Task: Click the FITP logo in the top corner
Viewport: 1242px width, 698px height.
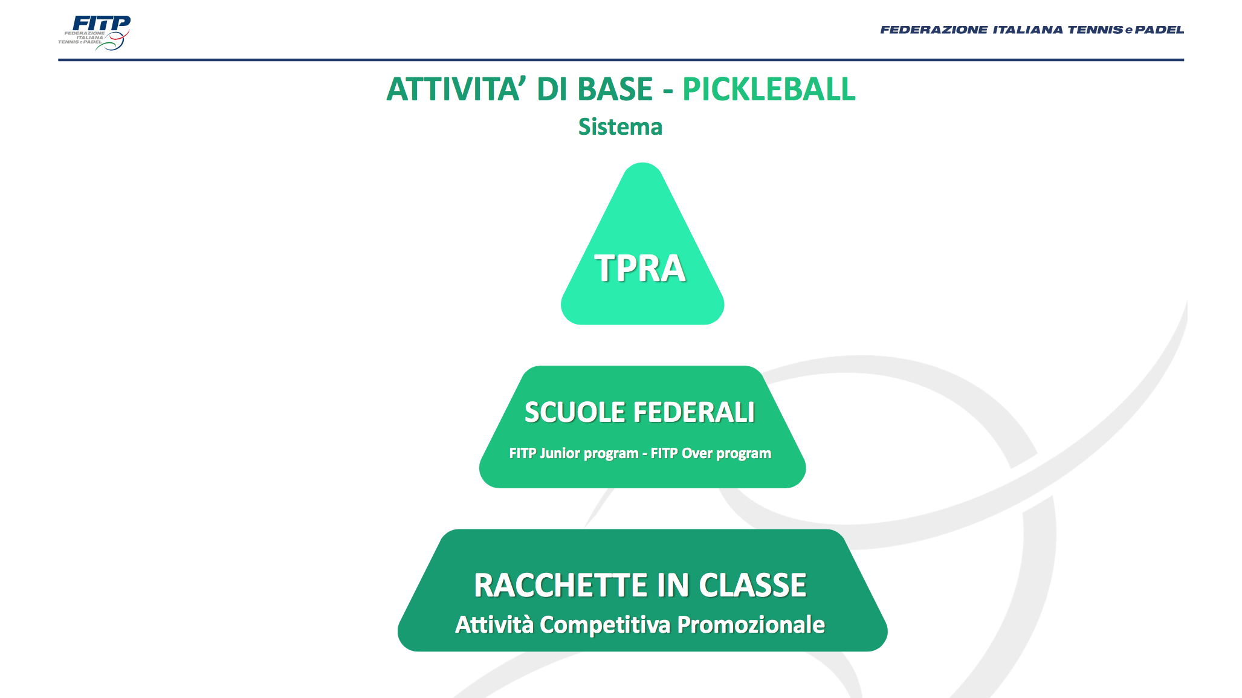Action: tap(94, 33)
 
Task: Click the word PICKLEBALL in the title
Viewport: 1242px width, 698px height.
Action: tap(769, 89)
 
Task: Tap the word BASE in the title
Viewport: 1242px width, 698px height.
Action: tap(615, 89)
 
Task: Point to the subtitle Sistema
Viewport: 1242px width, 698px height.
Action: tap(620, 127)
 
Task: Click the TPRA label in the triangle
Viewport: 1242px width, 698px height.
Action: tap(640, 268)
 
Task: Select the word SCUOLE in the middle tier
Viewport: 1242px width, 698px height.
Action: tap(575, 413)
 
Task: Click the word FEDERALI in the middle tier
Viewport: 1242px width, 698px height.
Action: tap(694, 413)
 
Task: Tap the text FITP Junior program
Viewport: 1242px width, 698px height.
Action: tap(574, 453)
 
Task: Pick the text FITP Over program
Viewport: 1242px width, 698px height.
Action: tap(711, 453)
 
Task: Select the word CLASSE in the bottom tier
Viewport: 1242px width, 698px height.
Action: tap(752, 586)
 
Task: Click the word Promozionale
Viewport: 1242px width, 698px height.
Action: tap(751, 625)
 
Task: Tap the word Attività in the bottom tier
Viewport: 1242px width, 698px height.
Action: tap(494, 625)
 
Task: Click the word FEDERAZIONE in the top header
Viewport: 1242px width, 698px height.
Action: tap(934, 30)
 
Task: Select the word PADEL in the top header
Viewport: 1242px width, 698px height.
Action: tap(1159, 30)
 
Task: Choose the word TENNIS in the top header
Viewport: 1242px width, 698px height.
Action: tap(1095, 30)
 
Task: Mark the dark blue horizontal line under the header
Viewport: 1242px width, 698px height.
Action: tap(621, 60)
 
